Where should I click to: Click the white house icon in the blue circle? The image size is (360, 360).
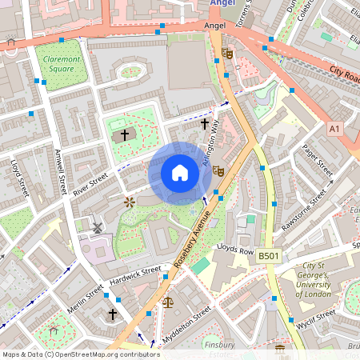(x=180, y=173)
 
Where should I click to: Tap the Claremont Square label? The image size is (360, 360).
(x=62, y=64)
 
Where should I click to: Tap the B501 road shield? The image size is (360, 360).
(x=268, y=256)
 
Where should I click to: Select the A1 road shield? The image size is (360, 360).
(x=334, y=128)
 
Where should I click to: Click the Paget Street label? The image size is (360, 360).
(x=318, y=161)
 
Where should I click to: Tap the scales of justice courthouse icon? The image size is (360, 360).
(x=167, y=302)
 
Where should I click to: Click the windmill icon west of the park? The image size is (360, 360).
(x=98, y=228)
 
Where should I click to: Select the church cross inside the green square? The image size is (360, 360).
(x=124, y=134)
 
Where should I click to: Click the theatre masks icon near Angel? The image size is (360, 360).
(x=227, y=54)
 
